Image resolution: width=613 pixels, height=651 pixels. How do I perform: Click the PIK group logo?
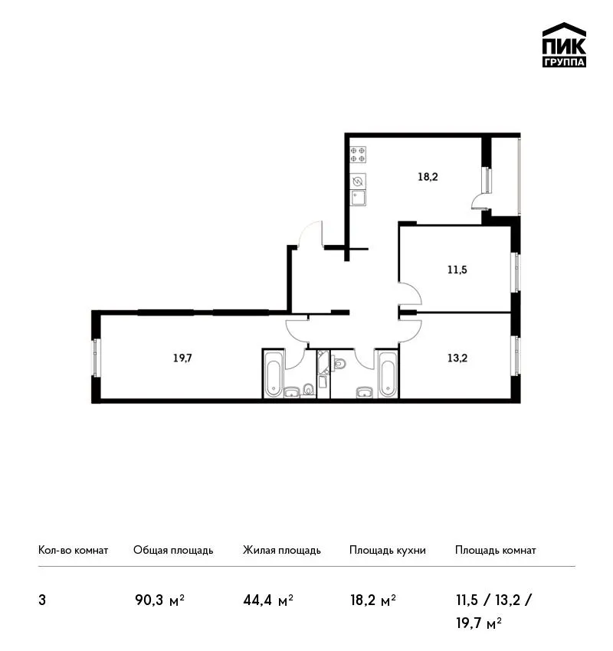(564, 45)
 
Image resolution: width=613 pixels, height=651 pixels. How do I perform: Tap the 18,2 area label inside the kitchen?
(428, 177)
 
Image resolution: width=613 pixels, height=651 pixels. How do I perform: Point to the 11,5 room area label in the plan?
(457, 270)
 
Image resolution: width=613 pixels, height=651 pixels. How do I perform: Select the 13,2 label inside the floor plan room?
(457, 358)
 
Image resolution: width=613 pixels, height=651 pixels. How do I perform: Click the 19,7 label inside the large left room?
(182, 358)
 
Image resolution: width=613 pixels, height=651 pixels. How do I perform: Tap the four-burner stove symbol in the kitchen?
(358, 154)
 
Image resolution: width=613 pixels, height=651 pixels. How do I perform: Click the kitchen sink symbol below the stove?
(358, 198)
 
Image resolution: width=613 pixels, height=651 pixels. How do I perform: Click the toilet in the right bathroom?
(339, 364)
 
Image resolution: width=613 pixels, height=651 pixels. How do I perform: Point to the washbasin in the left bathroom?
(292, 391)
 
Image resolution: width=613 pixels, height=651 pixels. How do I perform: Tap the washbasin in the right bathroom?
(364, 391)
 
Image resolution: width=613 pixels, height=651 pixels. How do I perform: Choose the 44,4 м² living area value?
(268, 600)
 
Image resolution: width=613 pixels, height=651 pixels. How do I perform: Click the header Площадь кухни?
(388, 550)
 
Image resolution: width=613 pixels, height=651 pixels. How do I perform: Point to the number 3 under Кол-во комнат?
(42, 600)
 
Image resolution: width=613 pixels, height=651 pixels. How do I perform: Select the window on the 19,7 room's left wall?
(96, 358)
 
